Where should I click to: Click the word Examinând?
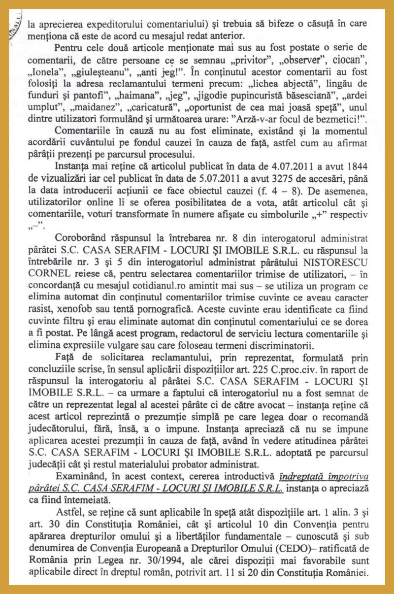82,477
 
